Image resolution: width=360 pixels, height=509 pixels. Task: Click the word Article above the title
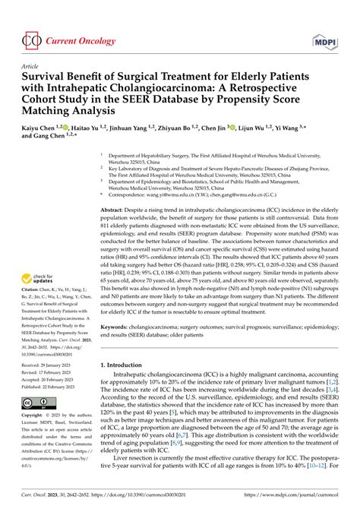pyautogui.click(x=30, y=66)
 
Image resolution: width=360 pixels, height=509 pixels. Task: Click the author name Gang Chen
pyautogui.click(x=54, y=140)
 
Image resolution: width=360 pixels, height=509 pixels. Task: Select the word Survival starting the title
pyautogui.click(x=45, y=78)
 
